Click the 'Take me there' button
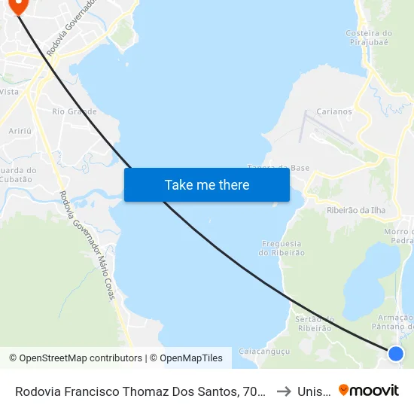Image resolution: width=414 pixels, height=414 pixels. coord(207,185)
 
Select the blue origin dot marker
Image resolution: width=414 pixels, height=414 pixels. coord(396,353)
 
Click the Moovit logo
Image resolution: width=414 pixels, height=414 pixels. coord(369,391)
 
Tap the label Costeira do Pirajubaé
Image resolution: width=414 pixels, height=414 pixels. coord(368,38)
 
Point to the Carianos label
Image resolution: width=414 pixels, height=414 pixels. coord(334,111)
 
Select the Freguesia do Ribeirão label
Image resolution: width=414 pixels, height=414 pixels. coord(282,248)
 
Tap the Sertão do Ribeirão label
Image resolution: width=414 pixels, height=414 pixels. coord(309,324)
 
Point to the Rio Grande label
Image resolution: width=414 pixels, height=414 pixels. coord(75,111)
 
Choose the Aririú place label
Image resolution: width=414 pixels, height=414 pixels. coord(19,131)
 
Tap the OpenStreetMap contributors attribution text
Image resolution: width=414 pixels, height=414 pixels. coord(75,358)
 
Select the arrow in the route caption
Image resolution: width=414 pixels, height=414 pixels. coord(285,391)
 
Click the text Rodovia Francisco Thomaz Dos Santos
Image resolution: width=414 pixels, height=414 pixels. coord(135,391)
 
